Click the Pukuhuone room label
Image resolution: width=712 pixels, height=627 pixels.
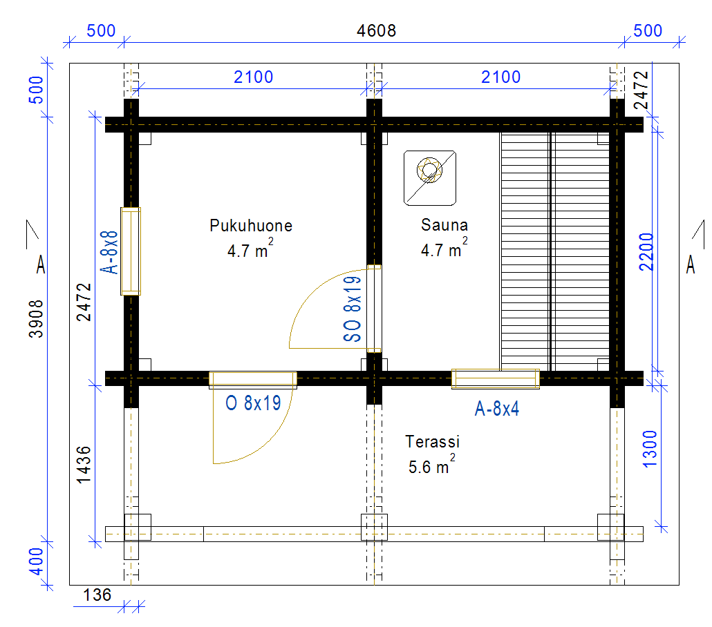251,226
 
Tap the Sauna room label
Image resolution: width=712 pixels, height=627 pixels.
444,224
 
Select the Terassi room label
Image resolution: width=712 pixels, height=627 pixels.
432,441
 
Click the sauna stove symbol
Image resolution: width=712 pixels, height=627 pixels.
429,178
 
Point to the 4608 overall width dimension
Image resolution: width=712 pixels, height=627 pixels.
376,31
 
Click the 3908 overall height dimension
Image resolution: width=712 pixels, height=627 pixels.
36,318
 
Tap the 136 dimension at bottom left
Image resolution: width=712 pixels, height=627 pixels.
97,595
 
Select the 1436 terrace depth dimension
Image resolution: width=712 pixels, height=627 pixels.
84,465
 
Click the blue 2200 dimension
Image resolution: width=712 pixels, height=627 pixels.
646,252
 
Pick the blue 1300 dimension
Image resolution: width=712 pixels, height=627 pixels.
650,449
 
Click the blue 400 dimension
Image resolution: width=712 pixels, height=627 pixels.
36,561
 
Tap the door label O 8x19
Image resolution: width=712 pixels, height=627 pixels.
253,403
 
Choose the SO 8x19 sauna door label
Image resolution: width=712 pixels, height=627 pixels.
353,309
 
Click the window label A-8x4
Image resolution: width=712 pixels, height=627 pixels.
497,409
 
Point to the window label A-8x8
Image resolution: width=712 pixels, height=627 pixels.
109,252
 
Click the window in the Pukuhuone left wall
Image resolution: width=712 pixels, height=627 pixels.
131,251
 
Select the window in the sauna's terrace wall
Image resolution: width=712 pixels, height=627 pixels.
496,379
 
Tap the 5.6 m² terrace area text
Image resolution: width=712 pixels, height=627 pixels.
431,465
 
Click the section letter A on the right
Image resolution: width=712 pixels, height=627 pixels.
690,264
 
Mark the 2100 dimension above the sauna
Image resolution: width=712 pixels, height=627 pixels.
500,77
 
